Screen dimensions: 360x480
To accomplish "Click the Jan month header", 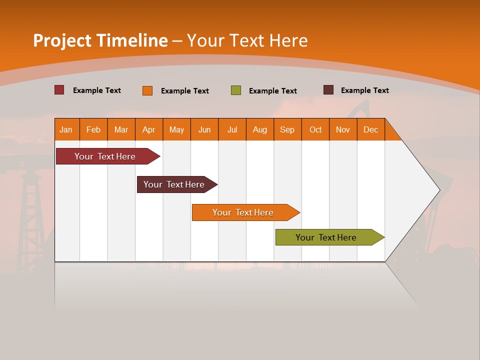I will (x=66, y=129).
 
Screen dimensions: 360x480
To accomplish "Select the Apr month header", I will (x=149, y=129).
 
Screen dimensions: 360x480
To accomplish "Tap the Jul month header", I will (x=232, y=129).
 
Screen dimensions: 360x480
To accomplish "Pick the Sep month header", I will (x=287, y=129).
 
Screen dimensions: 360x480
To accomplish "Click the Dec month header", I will (x=371, y=129).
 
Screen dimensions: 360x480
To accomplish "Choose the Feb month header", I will (x=93, y=129).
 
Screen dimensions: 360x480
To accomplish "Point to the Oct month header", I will (x=315, y=129).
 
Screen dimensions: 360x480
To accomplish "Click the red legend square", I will (x=59, y=90).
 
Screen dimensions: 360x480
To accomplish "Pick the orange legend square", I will (x=147, y=90).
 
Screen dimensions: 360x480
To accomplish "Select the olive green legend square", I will (x=236, y=90).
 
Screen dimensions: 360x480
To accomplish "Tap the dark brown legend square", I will (x=328, y=90).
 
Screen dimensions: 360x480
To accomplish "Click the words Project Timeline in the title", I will (x=100, y=40).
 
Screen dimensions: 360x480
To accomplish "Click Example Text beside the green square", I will (x=273, y=91).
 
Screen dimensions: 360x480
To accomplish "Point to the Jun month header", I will (x=204, y=129).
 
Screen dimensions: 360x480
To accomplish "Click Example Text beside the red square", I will (x=97, y=90).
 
